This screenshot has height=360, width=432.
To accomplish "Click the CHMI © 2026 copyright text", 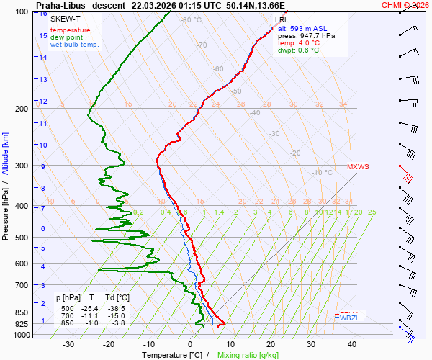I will pos(405,4).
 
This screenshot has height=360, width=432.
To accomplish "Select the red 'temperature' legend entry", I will pos(71,30).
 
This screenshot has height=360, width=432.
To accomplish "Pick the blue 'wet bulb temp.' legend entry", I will pos(74,45).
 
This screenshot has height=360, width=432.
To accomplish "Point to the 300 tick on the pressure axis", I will pos(22,166).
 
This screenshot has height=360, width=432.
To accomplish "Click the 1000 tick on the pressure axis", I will pos(20,335).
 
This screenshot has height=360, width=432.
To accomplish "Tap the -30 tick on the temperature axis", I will pos(69,344).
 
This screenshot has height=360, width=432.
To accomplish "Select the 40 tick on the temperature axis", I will pos(351,344).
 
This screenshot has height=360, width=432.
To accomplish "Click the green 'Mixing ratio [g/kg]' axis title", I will pos(248,355).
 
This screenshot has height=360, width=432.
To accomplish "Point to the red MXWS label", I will pos(358,166).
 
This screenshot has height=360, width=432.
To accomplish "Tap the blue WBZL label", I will pos(350,318).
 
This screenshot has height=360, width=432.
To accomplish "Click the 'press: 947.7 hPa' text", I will pos(306,35).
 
